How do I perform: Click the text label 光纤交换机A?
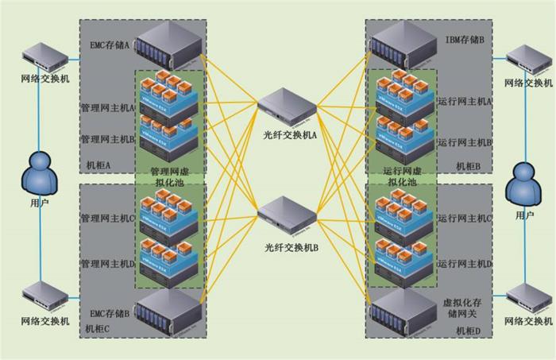[291, 135]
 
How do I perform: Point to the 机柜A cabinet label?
[98, 166]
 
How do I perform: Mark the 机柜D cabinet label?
[467, 329]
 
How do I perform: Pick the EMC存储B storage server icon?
[169, 313]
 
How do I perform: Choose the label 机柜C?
[98, 328]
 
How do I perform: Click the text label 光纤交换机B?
[291, 248]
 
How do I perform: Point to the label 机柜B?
[468, 166]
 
